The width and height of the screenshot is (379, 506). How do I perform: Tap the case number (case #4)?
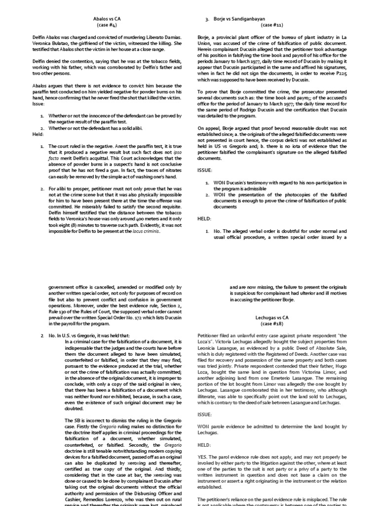[x=107, y=25]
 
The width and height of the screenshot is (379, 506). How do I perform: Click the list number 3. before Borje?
[x=208, y=19]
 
